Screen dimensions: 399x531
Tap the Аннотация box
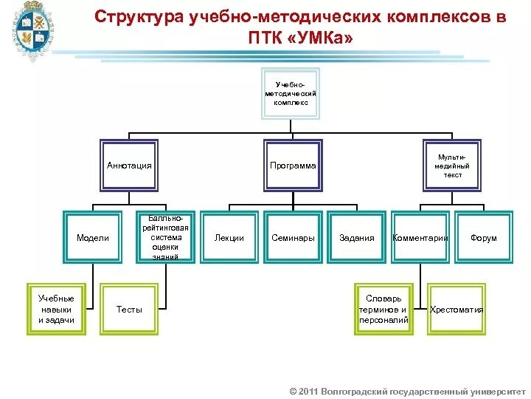tap(129, 165)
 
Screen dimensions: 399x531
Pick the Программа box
tap(292, 165)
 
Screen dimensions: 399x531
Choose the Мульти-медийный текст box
tap(452, 165)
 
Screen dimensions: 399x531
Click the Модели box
tap(93, 237)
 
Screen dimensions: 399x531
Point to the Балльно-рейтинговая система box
tap(166, 237)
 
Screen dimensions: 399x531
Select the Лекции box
tap(229, 237)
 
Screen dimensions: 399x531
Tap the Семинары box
tap(293, 237)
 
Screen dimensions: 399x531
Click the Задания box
tap(356, 237)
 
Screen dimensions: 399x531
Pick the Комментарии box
tap(420, 237)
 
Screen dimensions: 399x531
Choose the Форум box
tap(484, 237)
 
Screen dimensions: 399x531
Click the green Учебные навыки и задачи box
tap(56, 309)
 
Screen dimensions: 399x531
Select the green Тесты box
tap(129, 309)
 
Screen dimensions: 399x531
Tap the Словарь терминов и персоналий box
tap(383, 309)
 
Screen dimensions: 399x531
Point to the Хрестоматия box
tap(457, 309)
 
